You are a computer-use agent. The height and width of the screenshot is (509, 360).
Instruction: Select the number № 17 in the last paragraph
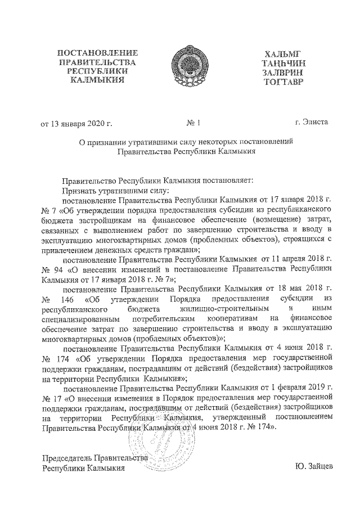[x=52, y=398]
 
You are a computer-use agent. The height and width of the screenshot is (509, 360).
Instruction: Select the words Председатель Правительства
[x=96, y=458]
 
